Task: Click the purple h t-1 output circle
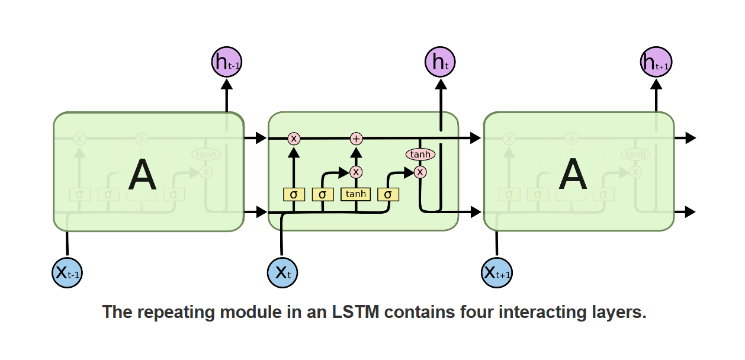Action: [226, 62]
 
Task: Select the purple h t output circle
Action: [440, 62]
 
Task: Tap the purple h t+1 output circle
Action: [656, 62]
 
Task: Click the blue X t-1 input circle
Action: [67, 272]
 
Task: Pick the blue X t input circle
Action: [282, 272]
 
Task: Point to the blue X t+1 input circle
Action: [497, 272]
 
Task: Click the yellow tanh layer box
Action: [355, 194]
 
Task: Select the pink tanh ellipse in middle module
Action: [420, 155]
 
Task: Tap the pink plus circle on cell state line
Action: [356, 139]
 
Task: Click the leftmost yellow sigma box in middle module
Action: [293, 194]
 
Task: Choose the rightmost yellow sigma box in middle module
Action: [388, 194]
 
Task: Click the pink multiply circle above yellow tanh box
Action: [356, 172]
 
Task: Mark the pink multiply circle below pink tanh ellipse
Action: [420, 172]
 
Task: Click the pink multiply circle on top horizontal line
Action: [294, 139]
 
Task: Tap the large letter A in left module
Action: [142, 176]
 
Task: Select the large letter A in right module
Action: [573, 176]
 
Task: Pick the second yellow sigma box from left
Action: [322, 194]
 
